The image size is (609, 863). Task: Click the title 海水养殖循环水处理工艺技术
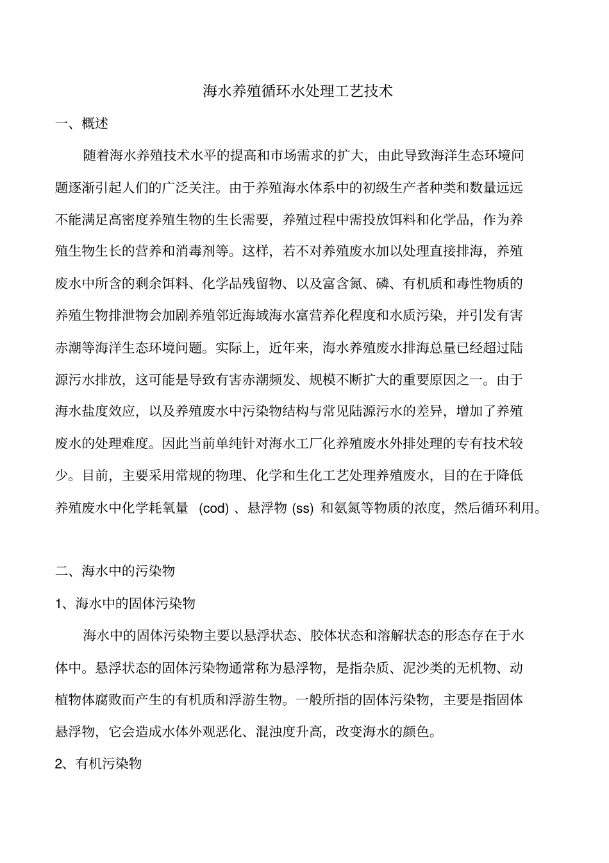297,91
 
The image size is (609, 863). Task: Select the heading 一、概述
82,123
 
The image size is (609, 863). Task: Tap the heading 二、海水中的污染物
115,571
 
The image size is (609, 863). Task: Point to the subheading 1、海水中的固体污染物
125,603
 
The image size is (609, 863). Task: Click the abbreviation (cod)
214,508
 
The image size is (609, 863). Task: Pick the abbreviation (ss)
303,508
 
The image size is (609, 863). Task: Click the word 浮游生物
256,699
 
